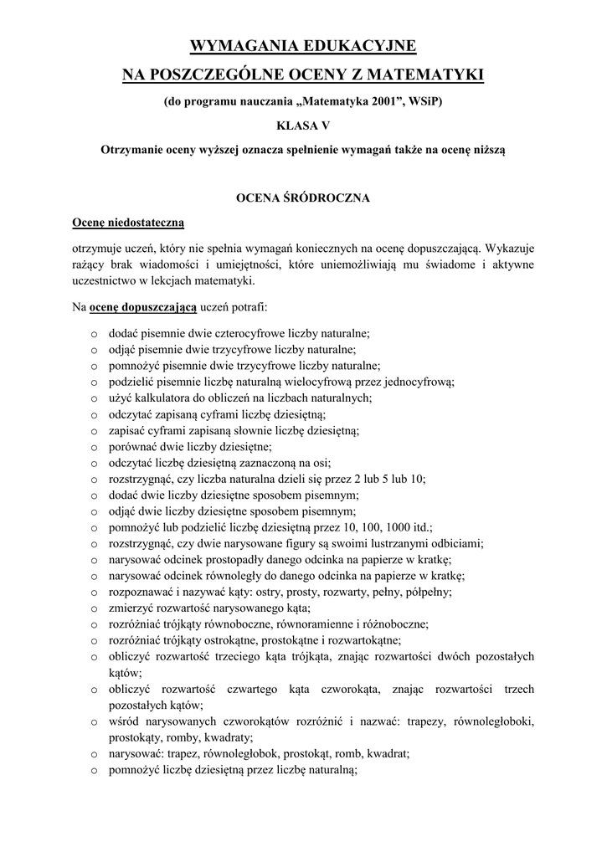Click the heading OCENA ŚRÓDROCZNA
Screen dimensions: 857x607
click(x=303, y=198)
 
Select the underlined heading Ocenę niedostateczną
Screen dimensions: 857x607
click(x=127, y=223)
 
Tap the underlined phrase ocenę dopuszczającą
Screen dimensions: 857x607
click(x=143, y=307)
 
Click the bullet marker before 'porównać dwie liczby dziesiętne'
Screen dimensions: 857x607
click(x=94, y=448)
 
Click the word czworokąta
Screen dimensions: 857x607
click(x=339, y=689)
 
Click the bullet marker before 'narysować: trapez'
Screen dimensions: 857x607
click(x=94, y=754)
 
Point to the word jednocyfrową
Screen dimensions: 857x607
click(x=422, y=382)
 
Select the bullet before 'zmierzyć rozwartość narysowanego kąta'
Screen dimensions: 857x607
click(x=94, y=608)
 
